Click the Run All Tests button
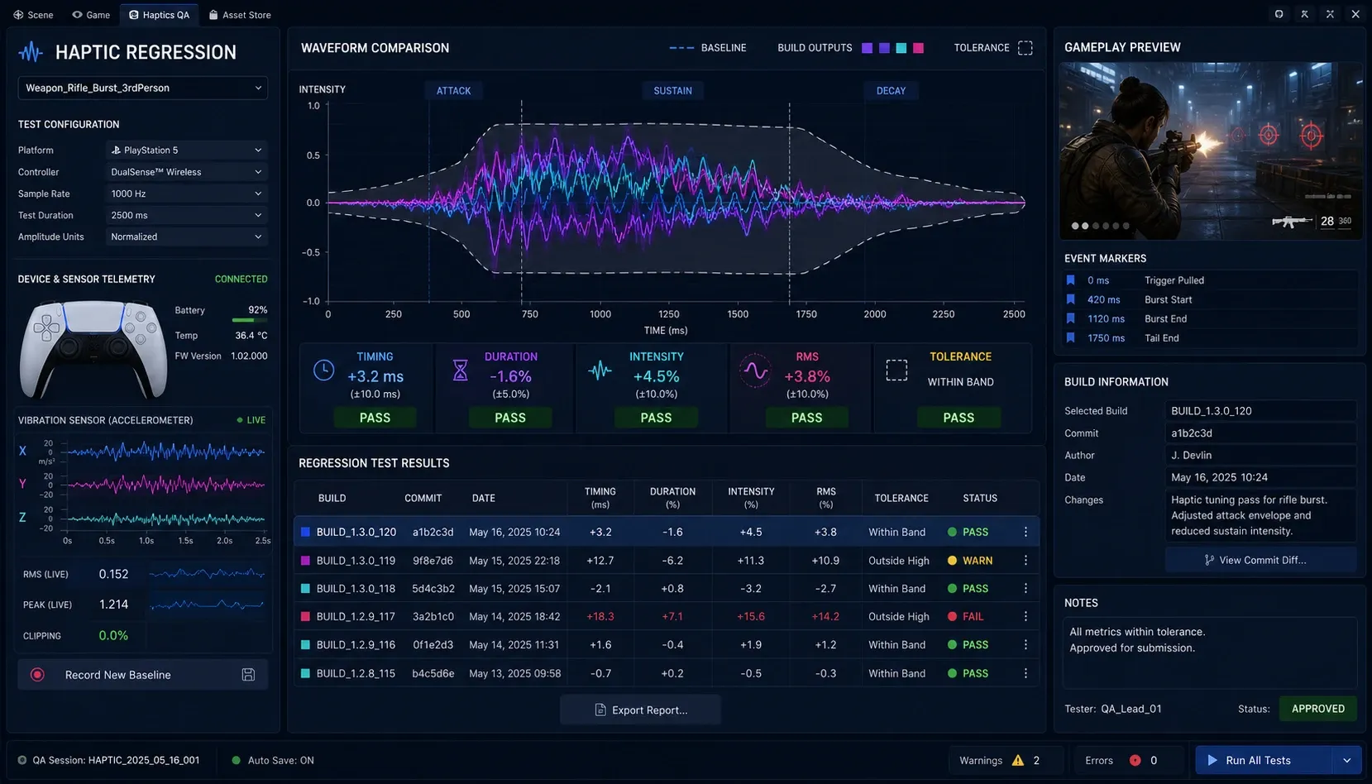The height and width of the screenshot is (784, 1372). [1263, 760]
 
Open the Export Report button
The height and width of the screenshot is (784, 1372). [641, 710]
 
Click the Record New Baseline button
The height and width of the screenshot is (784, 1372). [143, 674]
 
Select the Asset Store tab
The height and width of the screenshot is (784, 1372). [240, 15]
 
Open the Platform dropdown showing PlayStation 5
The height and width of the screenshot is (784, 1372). [186, 150]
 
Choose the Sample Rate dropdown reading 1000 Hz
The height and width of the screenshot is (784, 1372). [186, 194]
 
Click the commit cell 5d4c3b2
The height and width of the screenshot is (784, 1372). [433, 589]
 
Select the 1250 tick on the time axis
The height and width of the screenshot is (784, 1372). [668, 314]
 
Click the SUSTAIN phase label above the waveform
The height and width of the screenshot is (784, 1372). [672, 91]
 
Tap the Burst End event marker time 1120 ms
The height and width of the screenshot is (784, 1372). [1106, 318]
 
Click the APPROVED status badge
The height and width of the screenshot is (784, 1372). [1318, 709]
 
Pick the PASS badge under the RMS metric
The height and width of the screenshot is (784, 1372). [806, 418]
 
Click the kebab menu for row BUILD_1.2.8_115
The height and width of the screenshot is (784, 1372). [1026, 673]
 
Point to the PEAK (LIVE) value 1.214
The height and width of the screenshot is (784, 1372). [114, 605]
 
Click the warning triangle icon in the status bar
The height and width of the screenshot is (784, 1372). [1018, 760]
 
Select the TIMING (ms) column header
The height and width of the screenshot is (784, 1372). [600, 498]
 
